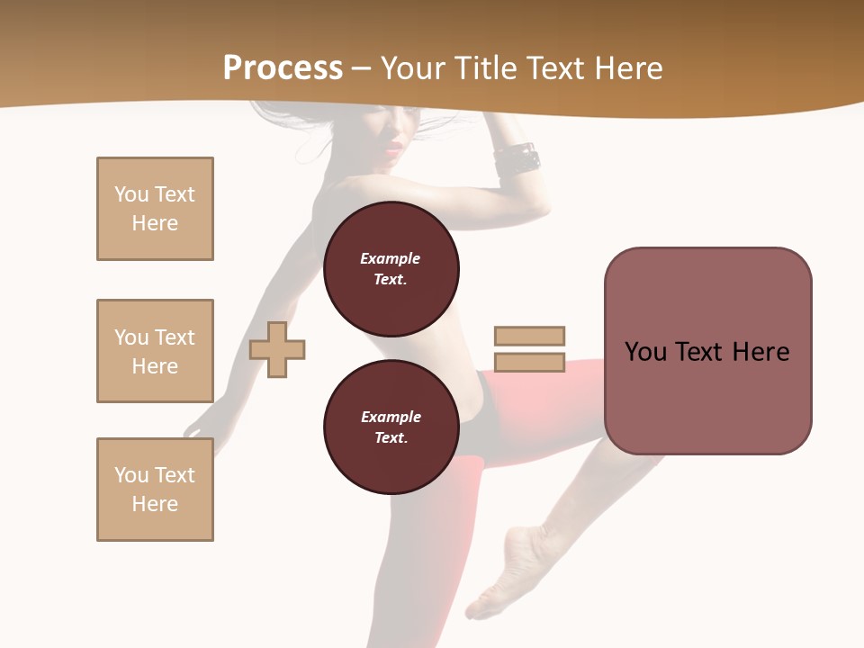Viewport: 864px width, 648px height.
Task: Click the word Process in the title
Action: (x=283, y=68)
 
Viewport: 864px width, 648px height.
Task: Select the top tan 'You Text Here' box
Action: (x=155, y=209)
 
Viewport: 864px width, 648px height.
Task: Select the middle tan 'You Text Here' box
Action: (x=155, y=351)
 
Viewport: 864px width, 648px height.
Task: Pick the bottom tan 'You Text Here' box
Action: (x=155, y=490)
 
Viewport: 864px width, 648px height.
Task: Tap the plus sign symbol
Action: (x=277, y=349)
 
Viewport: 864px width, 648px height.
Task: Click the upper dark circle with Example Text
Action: (x=391, y=268)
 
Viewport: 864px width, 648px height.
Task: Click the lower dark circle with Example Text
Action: (x=391, y=427)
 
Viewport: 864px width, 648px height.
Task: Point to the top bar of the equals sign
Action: (x=529, y=336)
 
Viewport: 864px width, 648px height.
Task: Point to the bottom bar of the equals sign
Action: (x=529, y=363)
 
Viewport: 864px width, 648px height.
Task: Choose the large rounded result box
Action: (x=707, y=351)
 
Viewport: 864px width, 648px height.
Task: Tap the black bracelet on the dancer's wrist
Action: (x=517, y=160)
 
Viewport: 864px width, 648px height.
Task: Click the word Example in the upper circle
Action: (x=391, y=258)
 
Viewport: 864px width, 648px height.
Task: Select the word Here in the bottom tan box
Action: (x=155, y=504)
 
